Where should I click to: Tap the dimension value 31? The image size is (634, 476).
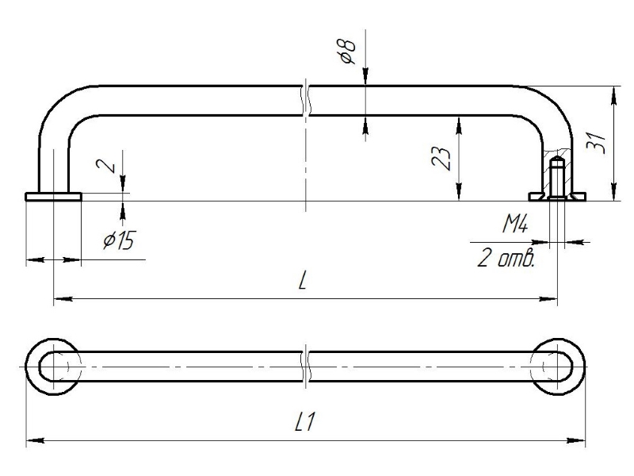coord(600,142)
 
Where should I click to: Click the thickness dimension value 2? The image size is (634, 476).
coord(113,164)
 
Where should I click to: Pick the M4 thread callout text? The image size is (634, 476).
coord(516,227)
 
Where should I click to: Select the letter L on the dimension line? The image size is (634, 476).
coord(304,284)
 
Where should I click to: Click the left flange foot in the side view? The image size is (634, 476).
coord(53,196)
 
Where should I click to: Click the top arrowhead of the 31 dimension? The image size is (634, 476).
coord(613,91)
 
